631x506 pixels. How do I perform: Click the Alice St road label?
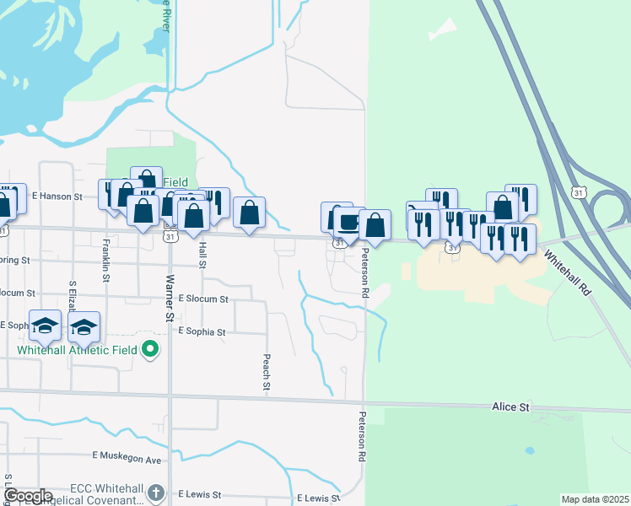pos(510,407)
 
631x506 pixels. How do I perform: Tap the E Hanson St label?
pos(57,196)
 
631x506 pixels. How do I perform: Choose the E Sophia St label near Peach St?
pos(202,332)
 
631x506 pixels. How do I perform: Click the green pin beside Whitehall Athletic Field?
pos(151,348)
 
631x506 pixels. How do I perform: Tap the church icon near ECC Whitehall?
pos(154,493)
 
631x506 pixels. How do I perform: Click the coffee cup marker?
pos(348,223)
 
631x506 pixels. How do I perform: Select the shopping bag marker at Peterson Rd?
pos(375,224)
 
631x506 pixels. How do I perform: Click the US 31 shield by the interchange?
pos(578,192)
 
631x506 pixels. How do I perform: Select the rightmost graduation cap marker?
pos(84,327)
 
